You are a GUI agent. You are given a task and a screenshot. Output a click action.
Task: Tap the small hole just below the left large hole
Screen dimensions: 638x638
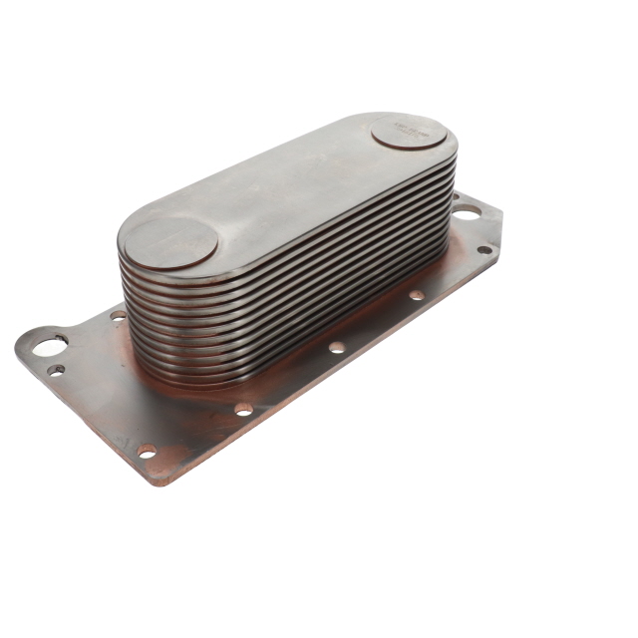tap(57, 370)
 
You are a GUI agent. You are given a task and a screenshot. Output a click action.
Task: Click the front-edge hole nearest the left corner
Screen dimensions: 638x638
tap(148, 451)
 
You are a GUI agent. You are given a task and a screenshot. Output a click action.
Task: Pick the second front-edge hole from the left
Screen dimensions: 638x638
tap(243, 408)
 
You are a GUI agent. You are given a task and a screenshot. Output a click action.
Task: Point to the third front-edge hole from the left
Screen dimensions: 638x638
tap(336, 347)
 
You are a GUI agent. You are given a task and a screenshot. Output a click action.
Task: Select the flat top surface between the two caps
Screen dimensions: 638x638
tap(289, 184)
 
